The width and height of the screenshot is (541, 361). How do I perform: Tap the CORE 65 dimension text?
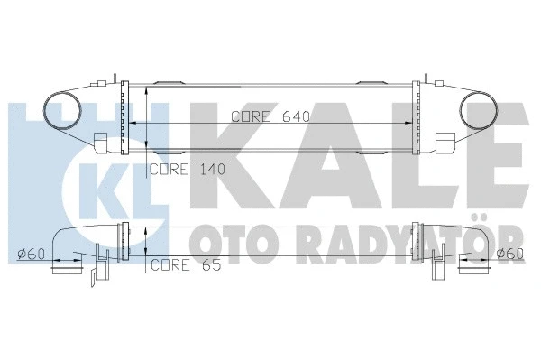pyautogui.click(x=183, y=264)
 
